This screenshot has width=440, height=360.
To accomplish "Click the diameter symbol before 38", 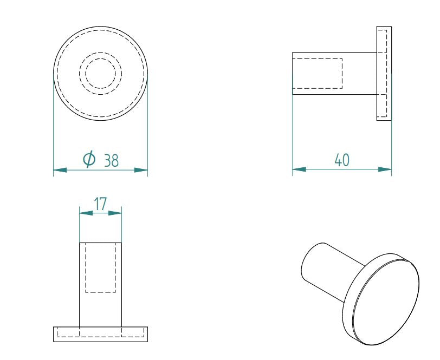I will (89, 159).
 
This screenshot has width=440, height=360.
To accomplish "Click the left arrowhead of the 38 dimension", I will (60, 170).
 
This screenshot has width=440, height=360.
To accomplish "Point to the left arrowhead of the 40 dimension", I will (299, 169).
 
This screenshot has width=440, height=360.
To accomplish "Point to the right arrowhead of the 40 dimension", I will (385, 169).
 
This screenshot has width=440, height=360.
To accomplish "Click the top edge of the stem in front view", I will (101, 243).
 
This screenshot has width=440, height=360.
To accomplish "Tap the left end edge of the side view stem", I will (293, 74).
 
